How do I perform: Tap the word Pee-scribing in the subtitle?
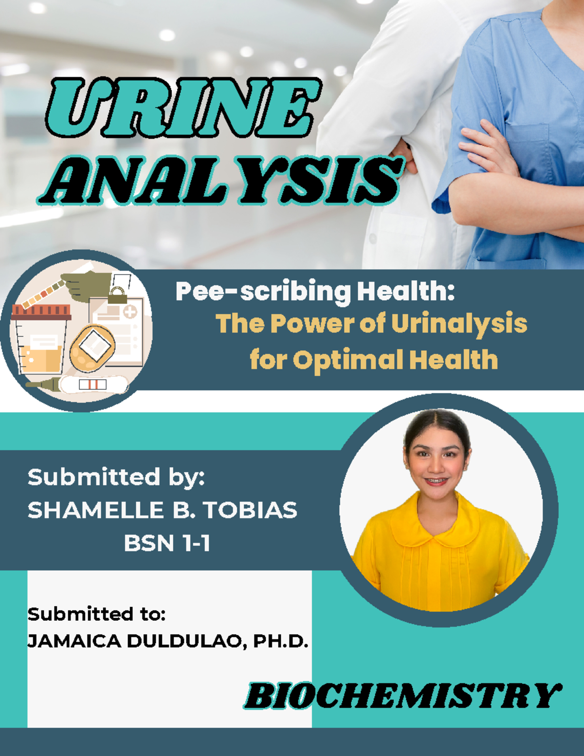click(262, 292)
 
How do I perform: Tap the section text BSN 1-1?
click(166, 543)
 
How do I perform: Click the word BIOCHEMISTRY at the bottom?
click(402, 696)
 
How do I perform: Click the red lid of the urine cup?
click(41, 312)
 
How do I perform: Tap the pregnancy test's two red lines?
click(92, 385)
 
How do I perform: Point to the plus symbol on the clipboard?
click(130, 312)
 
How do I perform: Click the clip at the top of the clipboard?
click(117, 294)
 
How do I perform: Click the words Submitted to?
click(96, 614)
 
